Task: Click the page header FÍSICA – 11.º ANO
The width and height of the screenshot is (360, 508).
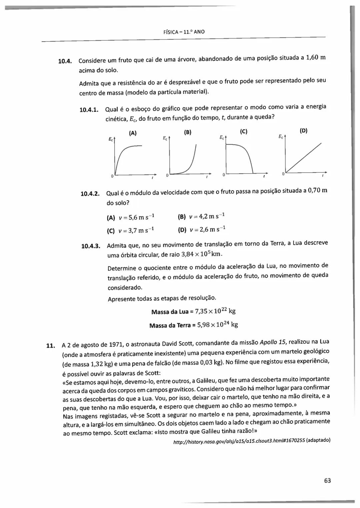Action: [184, 32]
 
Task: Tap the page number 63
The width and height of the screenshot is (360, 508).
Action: [327, 480]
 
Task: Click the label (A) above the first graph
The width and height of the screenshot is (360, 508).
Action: [133, 133]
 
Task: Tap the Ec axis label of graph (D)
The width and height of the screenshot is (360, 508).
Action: [281, 137]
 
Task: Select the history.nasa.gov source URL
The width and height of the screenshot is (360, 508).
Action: [239, 441]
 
